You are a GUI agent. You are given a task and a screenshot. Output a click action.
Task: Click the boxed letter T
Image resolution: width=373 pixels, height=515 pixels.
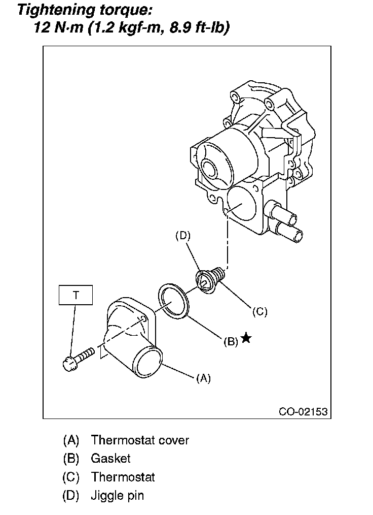[76, 295]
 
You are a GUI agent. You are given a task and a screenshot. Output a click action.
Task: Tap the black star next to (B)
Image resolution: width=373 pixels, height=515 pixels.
[246, 338]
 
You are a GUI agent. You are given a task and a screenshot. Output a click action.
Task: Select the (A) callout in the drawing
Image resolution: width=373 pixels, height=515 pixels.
[203, 378]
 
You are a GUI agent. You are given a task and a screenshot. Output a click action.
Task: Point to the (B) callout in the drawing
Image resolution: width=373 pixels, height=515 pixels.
[231, 342]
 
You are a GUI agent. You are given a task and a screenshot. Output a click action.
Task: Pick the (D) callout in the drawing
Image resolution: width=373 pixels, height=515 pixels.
[182, 236]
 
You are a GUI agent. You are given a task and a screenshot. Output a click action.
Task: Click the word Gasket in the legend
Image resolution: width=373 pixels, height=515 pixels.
[110, 458]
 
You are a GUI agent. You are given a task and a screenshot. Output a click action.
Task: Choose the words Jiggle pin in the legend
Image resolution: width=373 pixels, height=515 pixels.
[117, 495]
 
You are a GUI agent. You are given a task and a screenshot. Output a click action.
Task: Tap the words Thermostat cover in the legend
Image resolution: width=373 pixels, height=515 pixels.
[140, 440]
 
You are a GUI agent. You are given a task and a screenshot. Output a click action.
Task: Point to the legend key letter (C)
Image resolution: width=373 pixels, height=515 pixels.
[71, 477]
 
